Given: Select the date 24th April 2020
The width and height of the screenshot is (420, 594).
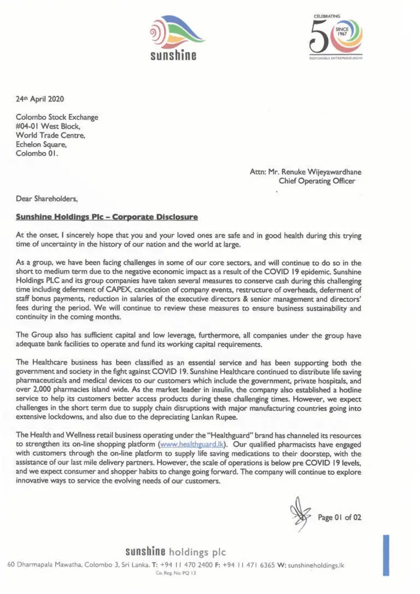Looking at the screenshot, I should coord(40,100).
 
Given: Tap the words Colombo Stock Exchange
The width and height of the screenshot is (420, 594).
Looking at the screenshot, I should coord(57,117).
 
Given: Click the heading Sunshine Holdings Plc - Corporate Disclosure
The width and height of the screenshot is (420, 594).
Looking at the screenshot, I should coord(107,217).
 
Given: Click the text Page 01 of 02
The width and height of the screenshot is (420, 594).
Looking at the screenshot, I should coord(340,517).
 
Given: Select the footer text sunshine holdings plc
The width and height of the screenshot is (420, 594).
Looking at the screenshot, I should coord(175,551).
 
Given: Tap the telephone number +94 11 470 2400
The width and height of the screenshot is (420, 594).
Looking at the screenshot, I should coord(186,564).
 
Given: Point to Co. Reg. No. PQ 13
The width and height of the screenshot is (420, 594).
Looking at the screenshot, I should coord(176,573).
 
